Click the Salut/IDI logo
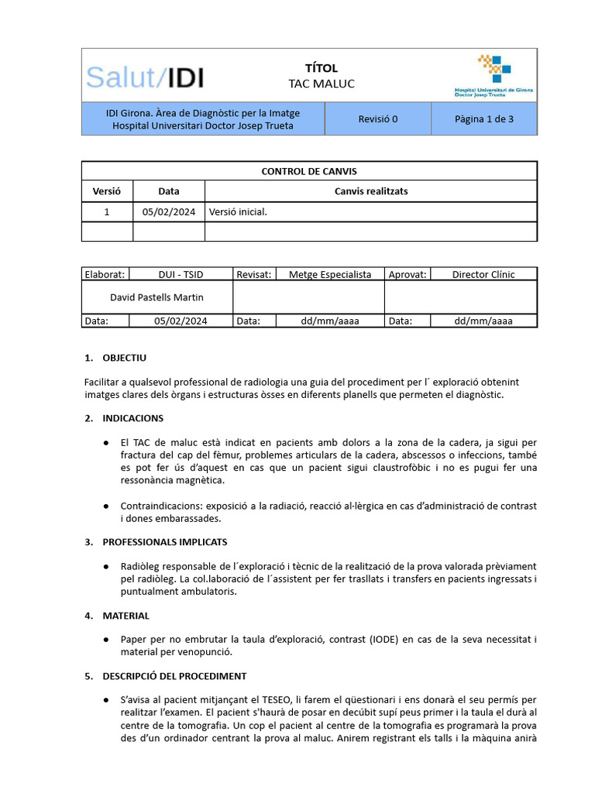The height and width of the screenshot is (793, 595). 145,77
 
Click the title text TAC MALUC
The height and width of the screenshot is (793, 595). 322,84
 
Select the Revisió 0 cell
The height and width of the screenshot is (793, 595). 377,119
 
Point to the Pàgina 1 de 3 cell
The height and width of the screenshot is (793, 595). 484,119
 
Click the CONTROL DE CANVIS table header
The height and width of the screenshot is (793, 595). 309,171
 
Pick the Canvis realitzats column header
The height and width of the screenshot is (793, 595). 370,191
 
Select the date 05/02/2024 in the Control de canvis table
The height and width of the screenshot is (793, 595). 168,212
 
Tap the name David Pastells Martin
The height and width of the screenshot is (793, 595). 157,297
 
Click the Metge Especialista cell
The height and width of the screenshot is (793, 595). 330,274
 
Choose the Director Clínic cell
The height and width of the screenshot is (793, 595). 483,274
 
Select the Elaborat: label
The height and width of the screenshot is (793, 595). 105,274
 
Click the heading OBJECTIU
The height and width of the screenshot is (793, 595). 124,358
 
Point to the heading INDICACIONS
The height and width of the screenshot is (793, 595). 132,418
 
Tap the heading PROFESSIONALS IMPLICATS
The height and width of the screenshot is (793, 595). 165,542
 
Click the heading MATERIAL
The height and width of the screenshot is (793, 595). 126,616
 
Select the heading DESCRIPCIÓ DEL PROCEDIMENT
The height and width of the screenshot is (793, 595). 174,676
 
